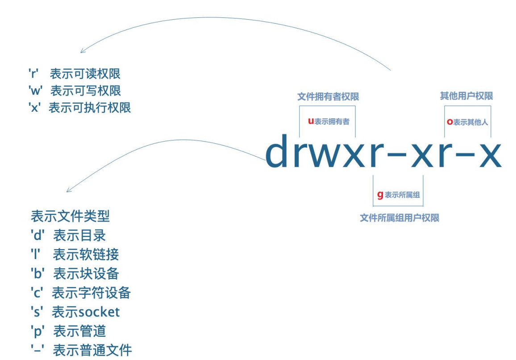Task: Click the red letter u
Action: tap(311, 121)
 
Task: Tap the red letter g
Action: tap(380, 195)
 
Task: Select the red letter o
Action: tap(449, 122)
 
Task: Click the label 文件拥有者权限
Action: tap(328, 96)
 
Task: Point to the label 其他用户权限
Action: tap(466, 96)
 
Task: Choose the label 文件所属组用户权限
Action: tap(399, 218)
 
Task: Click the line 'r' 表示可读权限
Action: tap(75, 74)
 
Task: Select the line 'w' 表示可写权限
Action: tap(75, 91)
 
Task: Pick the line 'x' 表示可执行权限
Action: tap(79, 108)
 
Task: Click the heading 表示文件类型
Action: tap(70, 216)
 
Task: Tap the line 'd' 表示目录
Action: tap(68, 235)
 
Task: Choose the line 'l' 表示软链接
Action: tap(75, 255)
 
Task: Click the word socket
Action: tap(99, 312)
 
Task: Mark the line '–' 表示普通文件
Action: tap(81, 350)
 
